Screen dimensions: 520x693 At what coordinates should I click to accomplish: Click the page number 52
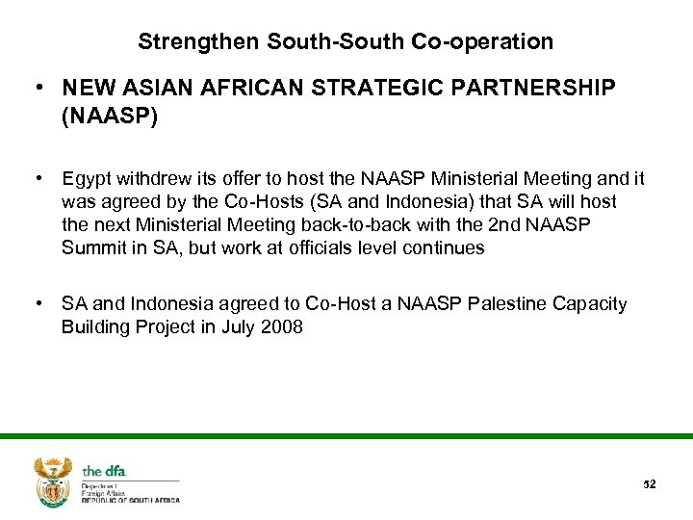(x=649, y=483)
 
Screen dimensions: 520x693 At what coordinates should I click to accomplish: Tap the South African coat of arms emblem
(x=53, y=481)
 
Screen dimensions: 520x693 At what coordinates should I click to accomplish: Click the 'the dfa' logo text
(x=104, y=471)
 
